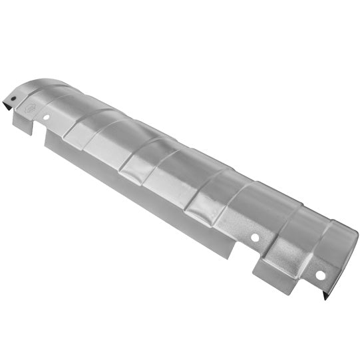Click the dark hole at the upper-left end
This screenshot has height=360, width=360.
(11, 100)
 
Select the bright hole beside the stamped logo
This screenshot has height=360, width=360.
(46, 117)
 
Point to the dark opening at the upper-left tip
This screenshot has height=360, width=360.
(11, 100)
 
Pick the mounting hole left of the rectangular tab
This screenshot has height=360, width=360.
(254, 238)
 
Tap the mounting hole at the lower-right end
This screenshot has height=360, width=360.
(320, 274)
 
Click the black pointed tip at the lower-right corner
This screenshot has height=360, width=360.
(327, 296)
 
